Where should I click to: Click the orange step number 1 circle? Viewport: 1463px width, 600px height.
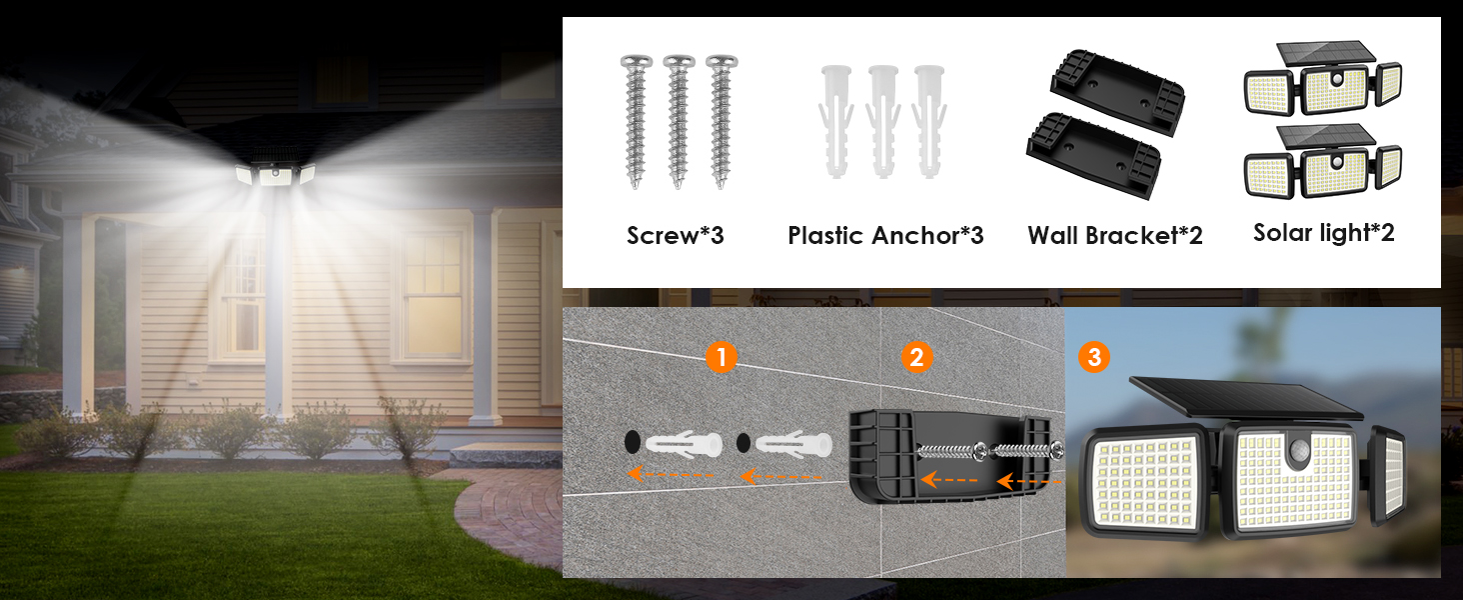point(722,357)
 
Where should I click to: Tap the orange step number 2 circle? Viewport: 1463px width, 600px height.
point(916,357)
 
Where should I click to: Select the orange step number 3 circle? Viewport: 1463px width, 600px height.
point(1094,357)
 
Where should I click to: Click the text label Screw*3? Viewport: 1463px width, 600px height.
point(676,235)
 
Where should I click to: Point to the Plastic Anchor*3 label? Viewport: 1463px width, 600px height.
point(885,235)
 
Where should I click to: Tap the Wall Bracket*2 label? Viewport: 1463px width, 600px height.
point(1115,235)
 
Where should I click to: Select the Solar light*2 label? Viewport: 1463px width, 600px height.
point(1324,233)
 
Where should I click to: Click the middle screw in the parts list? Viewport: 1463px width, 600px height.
point(679,122)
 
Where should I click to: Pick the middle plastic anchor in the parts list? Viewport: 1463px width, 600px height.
point(883,122)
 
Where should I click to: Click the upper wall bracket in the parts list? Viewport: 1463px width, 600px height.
point(1118,92)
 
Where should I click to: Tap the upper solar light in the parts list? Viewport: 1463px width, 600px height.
point(1322,78)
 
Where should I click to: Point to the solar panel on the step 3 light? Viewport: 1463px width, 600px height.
point(1246,397)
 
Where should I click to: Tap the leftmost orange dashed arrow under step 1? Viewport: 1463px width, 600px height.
point(671,474)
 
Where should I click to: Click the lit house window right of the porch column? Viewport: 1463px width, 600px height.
point(432,295)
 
